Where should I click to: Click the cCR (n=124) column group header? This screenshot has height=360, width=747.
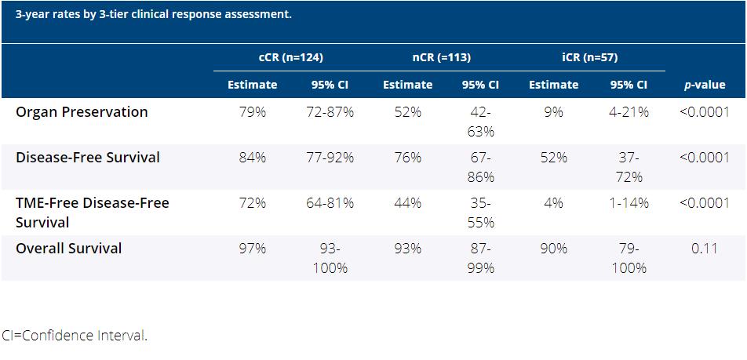[x=291, y=57]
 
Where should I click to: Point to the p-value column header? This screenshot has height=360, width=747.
[x=705, y=85]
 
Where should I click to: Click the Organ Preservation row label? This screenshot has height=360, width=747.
[x=82, y=112]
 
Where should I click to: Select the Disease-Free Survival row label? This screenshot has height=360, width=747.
[x=88, y=158]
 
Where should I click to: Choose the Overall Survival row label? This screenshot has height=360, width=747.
[x=69, y=249]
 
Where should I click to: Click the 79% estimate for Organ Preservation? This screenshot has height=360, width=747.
[x=253, y=112]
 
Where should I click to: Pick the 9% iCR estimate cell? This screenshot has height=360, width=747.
[x=554, y=112]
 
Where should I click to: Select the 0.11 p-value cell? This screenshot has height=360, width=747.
[x=705, y=249]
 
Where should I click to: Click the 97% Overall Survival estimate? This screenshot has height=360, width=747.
[x=253, y=249]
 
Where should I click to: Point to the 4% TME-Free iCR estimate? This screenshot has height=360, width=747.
[x=554, y=203]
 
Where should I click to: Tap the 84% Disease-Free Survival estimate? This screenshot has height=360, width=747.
[x=253, y=158]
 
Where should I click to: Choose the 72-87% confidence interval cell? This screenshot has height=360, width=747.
[x=330, y=112]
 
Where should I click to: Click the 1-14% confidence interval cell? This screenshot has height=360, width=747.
[x=629, y=203]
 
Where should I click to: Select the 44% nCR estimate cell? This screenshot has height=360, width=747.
[x=408, y=203]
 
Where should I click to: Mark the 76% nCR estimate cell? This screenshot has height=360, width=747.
[x=408, y=158]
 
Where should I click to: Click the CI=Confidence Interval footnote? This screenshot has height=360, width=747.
[x=74, y=336]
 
